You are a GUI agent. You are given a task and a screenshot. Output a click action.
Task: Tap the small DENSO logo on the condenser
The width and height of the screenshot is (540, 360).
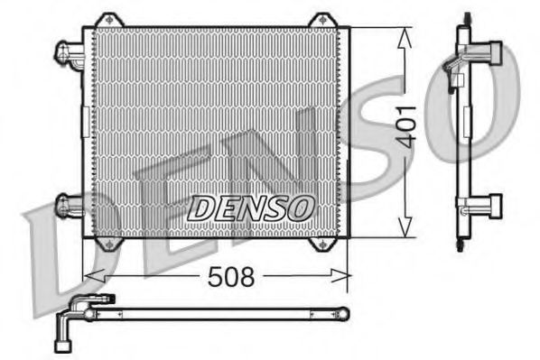tap(250, 207)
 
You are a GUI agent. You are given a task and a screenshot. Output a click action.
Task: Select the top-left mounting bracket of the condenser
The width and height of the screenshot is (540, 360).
tap(108, 20)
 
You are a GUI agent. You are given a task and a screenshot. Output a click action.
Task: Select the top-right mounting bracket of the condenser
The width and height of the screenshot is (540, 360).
tap(321, 20)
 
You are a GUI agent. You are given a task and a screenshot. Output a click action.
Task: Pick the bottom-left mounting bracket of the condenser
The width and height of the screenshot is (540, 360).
tap(108, 244)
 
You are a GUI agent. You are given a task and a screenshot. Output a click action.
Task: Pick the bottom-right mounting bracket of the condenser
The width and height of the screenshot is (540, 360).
tap(321, 244)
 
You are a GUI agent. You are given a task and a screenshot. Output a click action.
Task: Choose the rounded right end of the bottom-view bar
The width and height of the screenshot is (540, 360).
tap(343, 314)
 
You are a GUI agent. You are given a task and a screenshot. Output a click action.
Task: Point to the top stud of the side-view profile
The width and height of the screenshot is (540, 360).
tap(467, 18)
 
